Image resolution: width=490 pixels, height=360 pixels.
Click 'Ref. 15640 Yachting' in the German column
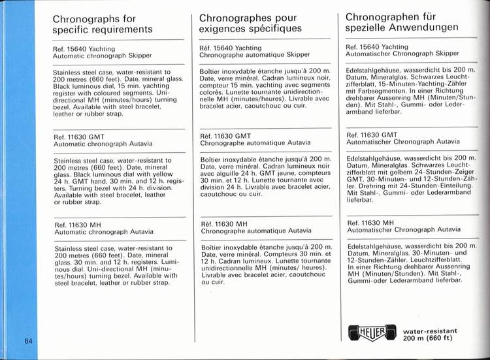point(378,46)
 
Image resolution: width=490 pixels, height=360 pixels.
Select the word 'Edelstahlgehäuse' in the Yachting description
point(375,69)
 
